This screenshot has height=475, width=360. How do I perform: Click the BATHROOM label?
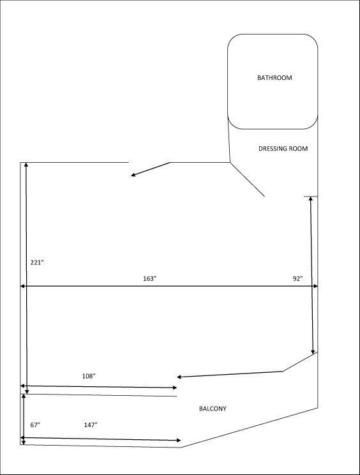274,78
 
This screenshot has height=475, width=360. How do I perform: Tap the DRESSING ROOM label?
283,149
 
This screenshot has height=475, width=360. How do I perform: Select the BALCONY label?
213,409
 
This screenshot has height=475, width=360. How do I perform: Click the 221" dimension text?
37,262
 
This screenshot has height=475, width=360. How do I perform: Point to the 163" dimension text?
149,279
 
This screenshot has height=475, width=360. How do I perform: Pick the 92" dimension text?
298,279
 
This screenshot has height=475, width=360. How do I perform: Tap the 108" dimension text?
89,376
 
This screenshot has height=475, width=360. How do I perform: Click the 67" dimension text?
35,425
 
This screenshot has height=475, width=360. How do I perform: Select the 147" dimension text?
91,425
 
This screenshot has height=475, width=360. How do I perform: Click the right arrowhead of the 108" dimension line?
175,388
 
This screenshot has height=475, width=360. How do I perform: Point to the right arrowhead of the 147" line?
179,441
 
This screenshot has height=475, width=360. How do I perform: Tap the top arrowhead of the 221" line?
26,165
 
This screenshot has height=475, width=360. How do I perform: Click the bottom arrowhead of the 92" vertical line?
313,352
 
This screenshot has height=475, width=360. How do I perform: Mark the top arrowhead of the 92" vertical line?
311,199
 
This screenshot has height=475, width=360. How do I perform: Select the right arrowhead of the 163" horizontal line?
316,286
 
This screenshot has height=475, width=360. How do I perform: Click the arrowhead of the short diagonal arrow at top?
133,175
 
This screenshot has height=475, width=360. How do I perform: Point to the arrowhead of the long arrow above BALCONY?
179,377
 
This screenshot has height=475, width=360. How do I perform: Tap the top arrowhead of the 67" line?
24,396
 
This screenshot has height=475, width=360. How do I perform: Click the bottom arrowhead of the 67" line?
24,442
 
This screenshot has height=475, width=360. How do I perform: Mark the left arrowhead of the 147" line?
22,438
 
